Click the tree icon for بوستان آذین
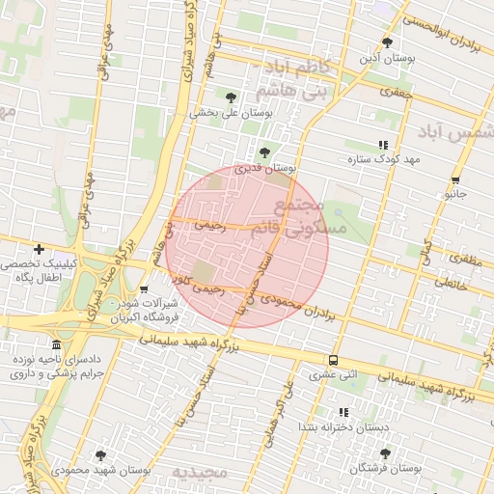click(x=387, y=42)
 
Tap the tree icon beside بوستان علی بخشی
click(x=231, y=97)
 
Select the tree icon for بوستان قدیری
click(x=264, y=151)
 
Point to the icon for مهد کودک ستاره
click(x=383, y=145)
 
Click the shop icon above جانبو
click(x=454, y=180)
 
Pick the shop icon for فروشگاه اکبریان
click(x=144, y=288)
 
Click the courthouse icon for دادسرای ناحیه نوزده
click(x=57, y=344)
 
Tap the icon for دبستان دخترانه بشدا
click(x=343, y=412)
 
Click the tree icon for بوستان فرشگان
click(x=385, y=453)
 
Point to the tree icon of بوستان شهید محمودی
click(x=100, y=454)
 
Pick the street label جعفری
click(x=396, y=94)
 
